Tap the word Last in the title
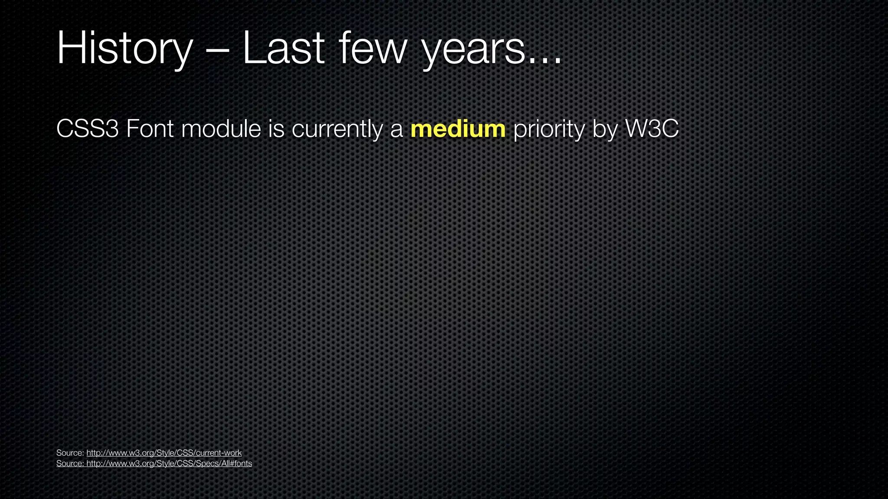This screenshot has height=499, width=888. pyautogui.click(x=283, y=49)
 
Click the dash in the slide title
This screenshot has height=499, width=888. pyautogui.click(x=217, y=51)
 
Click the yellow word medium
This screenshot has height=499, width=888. pyautogui.click(x=458, y=129)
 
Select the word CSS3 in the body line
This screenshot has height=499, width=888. pyautogui.click(x=88, y=129)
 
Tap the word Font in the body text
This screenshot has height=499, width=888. pyautogui.click(x=150, y=129)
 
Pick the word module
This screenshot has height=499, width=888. pyautogui.click(x=221, y=129)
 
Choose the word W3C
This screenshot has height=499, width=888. pyautogui.click(x=652, y=129)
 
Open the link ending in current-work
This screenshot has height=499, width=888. pyautogui.click(x=164, y=453)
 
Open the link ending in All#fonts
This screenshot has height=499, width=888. pyautogui.click(x=169, y=463)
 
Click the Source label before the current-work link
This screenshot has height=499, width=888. pyautogui.click(x=70, y=453)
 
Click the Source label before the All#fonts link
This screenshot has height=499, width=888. pyautogui.click(x=70, y=463)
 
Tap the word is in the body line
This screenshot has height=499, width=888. pyautogui.click(x=276, y=129)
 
